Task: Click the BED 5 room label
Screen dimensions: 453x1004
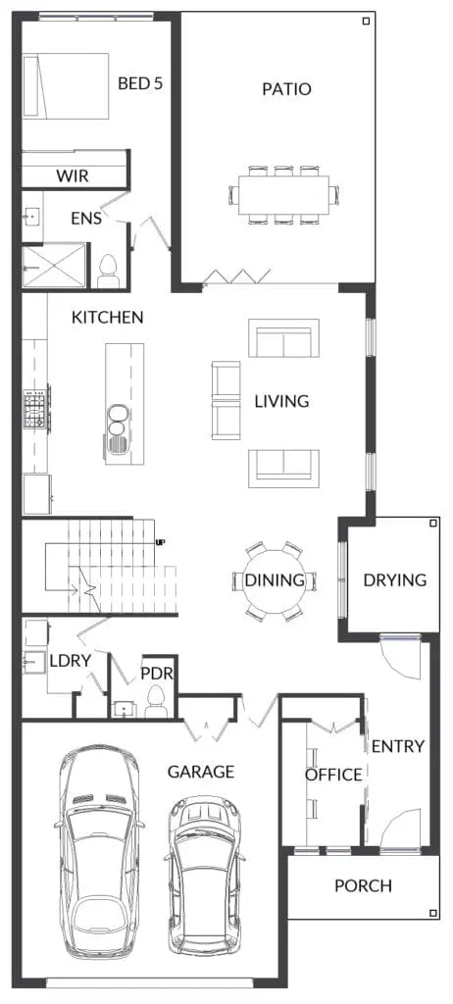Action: (x=139, y=83)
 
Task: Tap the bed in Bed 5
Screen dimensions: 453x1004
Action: (x=65, y=86)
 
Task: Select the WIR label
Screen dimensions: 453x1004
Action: (x=73, y=176)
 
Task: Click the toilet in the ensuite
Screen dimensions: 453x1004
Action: (x=108, y=272)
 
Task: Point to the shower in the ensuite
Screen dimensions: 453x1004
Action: (x=54, y=266)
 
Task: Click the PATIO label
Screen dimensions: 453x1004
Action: (x=286, y=89)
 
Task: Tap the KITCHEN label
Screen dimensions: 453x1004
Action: (x=107, y=317)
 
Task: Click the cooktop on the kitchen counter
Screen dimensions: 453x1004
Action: (x=36, y=409)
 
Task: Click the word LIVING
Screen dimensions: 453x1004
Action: (x=281, y=401)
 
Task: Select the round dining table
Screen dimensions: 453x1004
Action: (x=275, y=580)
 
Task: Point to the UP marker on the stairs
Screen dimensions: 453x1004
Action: (x=160, y=543)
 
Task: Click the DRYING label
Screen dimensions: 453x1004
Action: (x=395, y=580)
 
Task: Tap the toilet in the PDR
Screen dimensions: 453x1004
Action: (x=156, y=702)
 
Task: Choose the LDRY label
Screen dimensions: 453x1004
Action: (x=70, y=661)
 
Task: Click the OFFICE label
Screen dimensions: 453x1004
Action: (x=333, y=775)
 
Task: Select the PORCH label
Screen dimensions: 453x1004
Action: (x=364, y=886)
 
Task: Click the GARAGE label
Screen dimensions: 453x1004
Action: (x=201, y=773)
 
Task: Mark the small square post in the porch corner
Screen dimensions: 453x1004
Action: (x=433, y=913)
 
